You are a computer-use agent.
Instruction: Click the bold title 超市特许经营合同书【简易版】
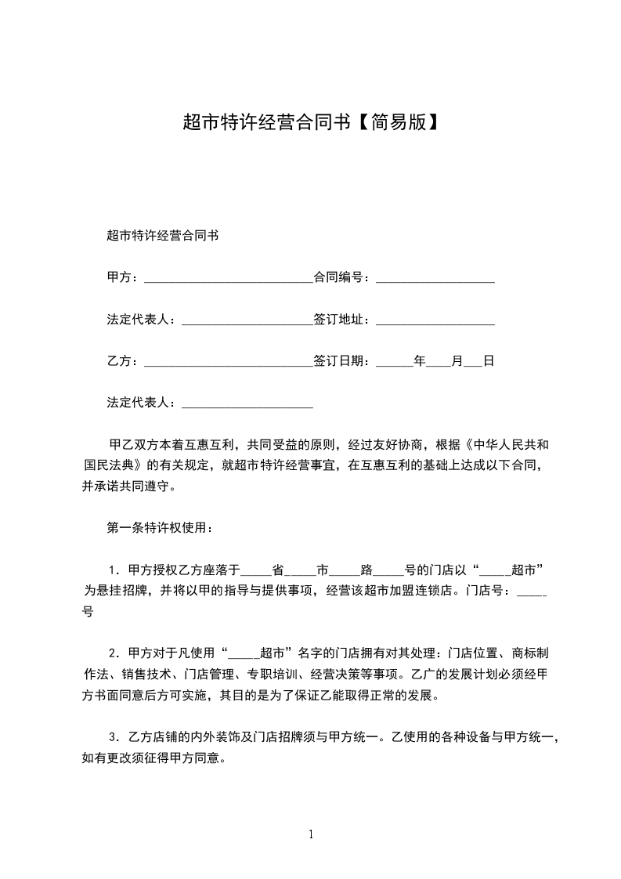click(x=310, y=122)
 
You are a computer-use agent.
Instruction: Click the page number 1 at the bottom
click(x=311, y=834)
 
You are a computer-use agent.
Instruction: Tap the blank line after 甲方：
click(x=229, y=277)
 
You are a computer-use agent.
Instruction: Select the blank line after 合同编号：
click(x=435, y=277)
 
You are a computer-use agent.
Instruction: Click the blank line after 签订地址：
click(x=435, y=320)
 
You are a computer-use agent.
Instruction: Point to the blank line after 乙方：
click(x=229, y=362)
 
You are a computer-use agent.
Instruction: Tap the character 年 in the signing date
click(x=420, y=361)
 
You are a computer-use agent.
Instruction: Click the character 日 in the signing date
click(x=488, y=361)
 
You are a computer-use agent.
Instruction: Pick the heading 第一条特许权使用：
click(x=158, y=527)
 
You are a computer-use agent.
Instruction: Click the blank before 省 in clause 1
click(x=259, y=570)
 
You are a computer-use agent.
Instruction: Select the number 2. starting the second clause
click(x=115, y=653)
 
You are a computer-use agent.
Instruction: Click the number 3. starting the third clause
click(x=115, y=736)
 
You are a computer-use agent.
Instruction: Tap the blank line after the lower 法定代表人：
click(x=247, y=404)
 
